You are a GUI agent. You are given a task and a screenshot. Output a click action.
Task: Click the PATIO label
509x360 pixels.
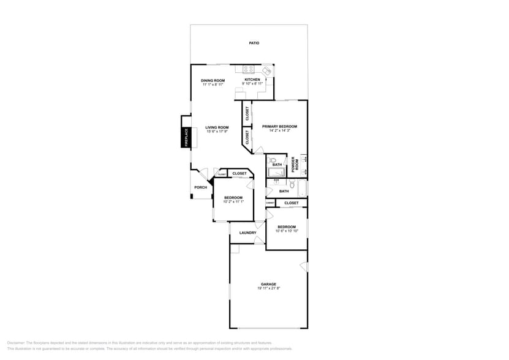(x=254, y=43)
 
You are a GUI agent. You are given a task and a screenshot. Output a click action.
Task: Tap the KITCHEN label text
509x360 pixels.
(x=252, y=80)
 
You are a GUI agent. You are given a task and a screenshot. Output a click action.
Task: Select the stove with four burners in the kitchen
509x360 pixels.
(x=248, y=70)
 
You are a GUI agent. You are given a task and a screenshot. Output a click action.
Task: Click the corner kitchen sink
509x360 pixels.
(x=266, y=71)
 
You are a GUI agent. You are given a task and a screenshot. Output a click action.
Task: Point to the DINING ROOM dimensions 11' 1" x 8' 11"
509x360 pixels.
(x=213, y=84)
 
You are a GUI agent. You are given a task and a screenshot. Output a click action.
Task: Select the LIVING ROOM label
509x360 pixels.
(x=217, y=127)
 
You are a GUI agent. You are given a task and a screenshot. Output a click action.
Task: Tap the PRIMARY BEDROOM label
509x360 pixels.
(x=279, y=126)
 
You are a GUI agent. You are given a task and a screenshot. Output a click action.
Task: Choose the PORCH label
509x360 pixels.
(x=200, y=187)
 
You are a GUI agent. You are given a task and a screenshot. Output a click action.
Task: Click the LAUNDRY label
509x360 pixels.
(x=247, y=233)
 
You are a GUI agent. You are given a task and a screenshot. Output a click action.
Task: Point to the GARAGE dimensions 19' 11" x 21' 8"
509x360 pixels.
(x=268, y=288)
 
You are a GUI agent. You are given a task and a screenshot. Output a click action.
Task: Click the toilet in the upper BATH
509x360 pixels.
(x=273, y=160)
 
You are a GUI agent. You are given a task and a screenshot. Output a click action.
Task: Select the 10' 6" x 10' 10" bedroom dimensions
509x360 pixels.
(x=287, y=231)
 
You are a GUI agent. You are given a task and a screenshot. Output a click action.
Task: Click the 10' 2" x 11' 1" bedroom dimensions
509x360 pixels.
(x=233, y=201)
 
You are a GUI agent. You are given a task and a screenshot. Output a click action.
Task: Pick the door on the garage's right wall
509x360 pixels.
(x=304, y=266)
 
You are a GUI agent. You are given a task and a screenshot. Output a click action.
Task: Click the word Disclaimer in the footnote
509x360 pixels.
(x=18, y=343)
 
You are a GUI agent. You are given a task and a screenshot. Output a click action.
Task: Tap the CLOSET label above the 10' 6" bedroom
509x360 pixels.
(x=292, y=203)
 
